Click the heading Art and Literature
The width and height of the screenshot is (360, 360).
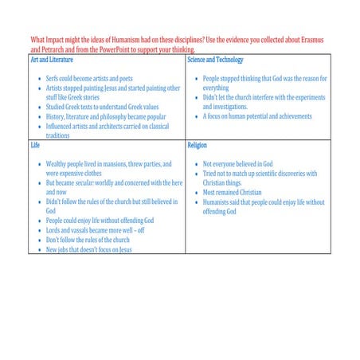point(53,60)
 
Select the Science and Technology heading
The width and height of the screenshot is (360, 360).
point(215,60)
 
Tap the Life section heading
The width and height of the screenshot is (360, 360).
point(35,147)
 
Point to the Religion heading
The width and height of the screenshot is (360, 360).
point(197,147)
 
